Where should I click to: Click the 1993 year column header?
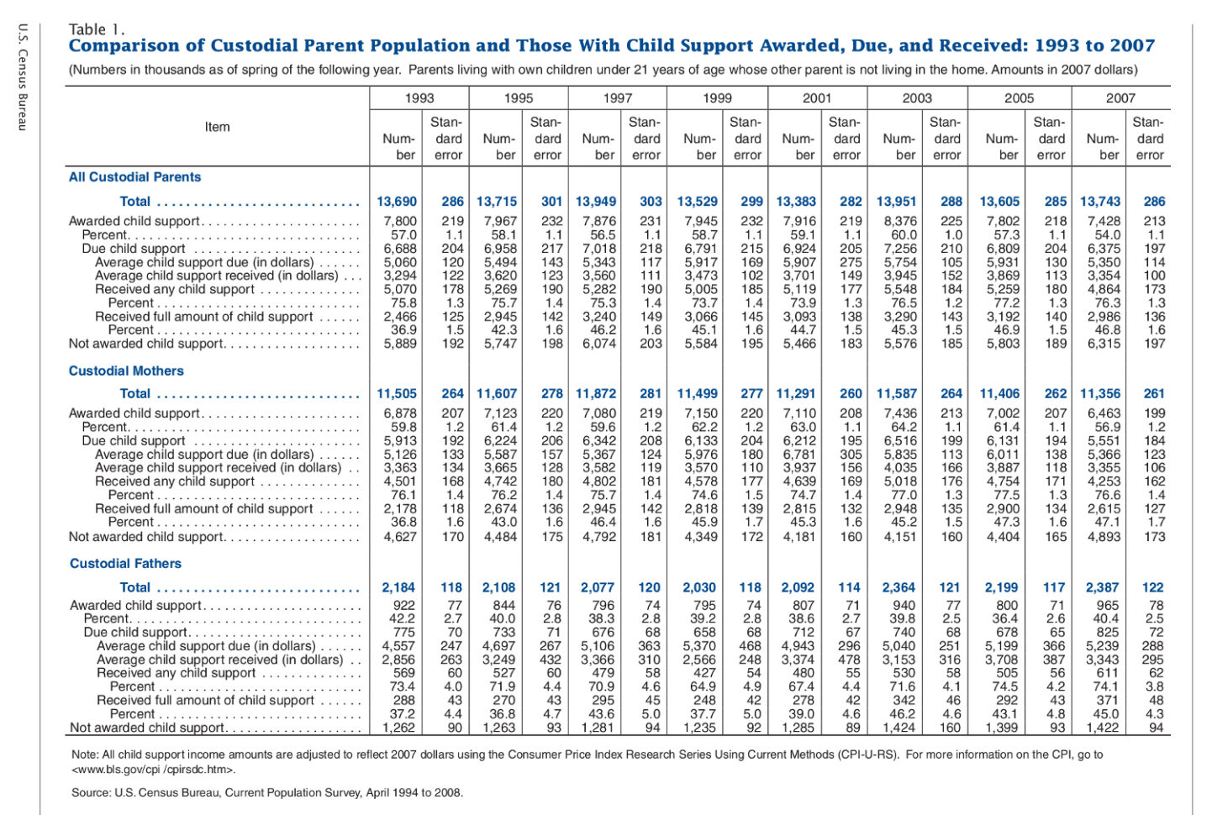click(x=419, y=97)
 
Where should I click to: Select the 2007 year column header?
click(x=1120, y=97)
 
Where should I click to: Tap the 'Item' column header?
click(x=217, y=127)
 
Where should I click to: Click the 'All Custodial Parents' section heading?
click(x=134, y=177)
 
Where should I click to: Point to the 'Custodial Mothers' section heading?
click(x=126, y=371)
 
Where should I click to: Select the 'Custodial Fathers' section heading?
click(x=125, y=564)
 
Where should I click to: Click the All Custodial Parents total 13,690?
click(x=397, y=202)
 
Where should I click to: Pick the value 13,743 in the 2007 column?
click(x=1100, y=202)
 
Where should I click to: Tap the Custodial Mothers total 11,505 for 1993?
click(x=397, y=393)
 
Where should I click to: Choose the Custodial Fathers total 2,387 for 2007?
click(x=1103, y=587)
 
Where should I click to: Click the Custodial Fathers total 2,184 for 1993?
click(x=399, y=587)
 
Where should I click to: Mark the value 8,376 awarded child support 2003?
click(x=900, y=221)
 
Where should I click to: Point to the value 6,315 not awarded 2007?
click(x=1104, y=344)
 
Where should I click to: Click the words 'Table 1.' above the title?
click(x=97, y=29)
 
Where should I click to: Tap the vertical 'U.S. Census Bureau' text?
click(x=23, y=76)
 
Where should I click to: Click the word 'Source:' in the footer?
click(x=91, y=792)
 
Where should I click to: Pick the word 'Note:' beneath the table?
click(x=85, y=755)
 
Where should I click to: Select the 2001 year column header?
click(x=817, y=97)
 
